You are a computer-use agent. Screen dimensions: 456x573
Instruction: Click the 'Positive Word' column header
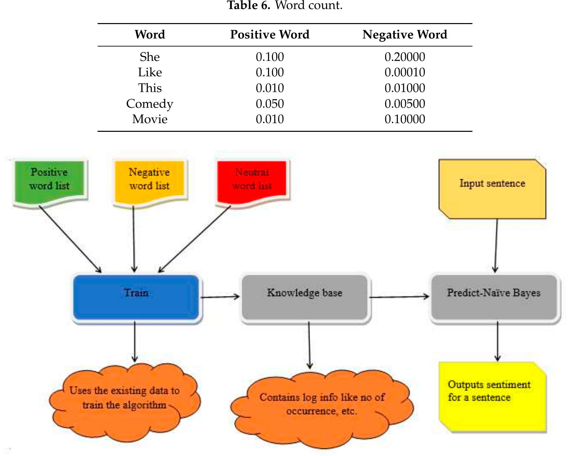click(270, 34)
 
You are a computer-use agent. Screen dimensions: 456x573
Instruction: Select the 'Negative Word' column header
click(405, 34)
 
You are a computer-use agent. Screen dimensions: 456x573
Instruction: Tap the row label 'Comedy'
click(150, 104)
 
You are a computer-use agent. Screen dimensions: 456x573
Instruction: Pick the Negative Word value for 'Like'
click(405, 72)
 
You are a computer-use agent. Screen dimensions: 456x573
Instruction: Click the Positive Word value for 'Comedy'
click(270, 104)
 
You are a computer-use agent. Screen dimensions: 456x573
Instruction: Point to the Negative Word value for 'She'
click(405, 57)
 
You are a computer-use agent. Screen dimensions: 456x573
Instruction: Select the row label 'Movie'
click(150, 119)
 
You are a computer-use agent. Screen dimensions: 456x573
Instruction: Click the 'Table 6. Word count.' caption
click(285, 5)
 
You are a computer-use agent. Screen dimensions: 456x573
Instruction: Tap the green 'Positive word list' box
click(50, 181)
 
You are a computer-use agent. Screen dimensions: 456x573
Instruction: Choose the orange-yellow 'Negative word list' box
click(149, 181)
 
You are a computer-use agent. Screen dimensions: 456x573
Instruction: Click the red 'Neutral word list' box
click(252, 181)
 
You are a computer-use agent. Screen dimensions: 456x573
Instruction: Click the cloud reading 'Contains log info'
click(322, 406)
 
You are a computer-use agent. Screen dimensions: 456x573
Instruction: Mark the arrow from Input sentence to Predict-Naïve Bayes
click(496, 246)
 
